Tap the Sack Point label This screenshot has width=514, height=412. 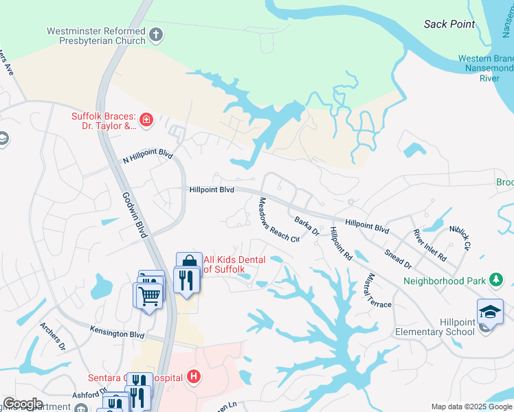[x=449, y=24]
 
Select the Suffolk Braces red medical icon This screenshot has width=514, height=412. [x=147, y=122]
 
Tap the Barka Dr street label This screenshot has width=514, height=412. [x=306, y=226]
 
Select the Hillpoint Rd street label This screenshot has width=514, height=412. [x=340, y=243]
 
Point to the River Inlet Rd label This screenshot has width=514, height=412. [x=429, y=244]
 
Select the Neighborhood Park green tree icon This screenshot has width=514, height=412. [x=495, y=279]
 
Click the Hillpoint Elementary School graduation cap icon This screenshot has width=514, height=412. [x=491, y=312]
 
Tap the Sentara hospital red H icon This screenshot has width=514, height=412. [x=194, y=376]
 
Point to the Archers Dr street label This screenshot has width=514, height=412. [x=52, y=337]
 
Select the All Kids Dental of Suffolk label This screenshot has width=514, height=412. [x=224, y=265]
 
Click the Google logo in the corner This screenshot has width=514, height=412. [x=23, y=404]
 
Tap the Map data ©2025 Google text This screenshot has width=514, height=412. [x=471, y=407]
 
